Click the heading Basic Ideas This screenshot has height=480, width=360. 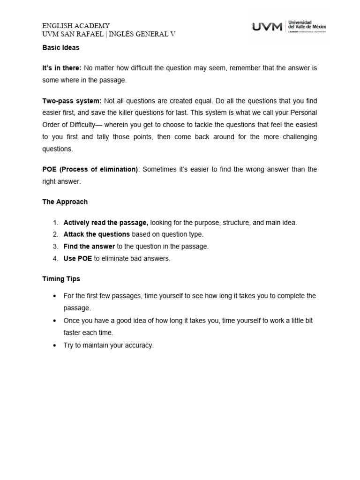(x=60, y=48)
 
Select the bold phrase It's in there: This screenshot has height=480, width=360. (x=62, y=68)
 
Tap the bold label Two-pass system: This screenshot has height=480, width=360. (x=71, y=101)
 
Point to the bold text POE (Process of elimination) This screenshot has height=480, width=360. (x=90, y=169)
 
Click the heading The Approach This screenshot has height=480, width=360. (x=65, y=202)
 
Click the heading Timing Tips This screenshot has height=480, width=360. (x=61, y=279)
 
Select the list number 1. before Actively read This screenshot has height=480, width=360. (x=55, y=223)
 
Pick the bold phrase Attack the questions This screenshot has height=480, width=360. (x=97, y=234)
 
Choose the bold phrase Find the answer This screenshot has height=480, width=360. (x=89, y=246)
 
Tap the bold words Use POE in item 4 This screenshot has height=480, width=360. (x=77, y=258)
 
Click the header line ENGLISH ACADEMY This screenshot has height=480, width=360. (x=76, y=26)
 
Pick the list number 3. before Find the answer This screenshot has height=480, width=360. (x=55, y=246)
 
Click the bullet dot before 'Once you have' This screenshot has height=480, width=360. (x=55, y=321)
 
